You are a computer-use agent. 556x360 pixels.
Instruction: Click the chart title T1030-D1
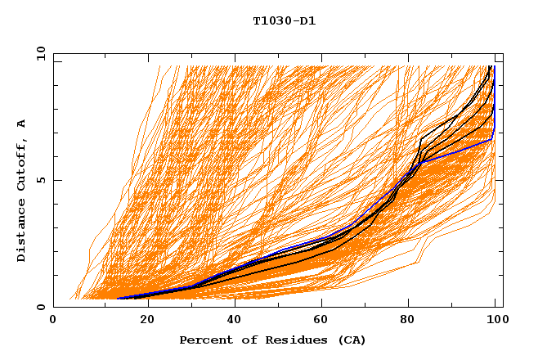click(284, 21)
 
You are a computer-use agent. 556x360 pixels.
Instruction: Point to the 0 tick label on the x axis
click(53, 321)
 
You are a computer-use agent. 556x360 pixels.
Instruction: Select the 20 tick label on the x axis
click(142, 321)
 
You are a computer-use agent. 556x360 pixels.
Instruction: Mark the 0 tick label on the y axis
click(41, 307)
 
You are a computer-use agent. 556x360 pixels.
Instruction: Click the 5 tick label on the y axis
click(41, 180)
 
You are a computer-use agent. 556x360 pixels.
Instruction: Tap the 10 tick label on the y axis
click(38, 53)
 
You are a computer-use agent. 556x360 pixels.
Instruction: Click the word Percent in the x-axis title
click(204, 340)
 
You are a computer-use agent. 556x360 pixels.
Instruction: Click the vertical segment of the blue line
click(494, 98)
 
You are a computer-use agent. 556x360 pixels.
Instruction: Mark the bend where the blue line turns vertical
click(492, 139)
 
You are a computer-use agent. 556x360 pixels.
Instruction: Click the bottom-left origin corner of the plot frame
click(53, 307)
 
